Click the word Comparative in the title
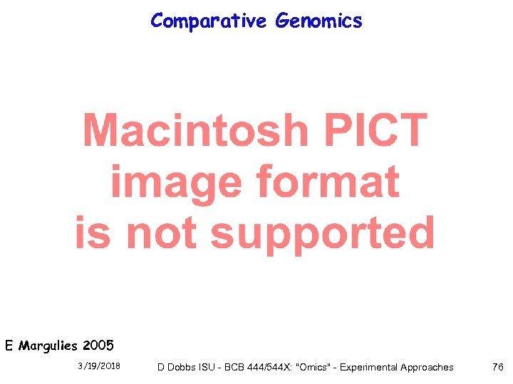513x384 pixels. (x=208, y=21)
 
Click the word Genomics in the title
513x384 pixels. (x=318, y=21)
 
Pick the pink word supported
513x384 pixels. (x=323, y=233)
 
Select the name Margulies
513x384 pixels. (x=49, y=346)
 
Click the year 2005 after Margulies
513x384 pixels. (x=98, y=346)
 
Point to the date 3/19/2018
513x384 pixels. (x=98, y=367)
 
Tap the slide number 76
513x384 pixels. (x=497, y=367)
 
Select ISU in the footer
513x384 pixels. (x=208, y=367)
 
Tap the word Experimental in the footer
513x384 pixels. (x=370, y=367)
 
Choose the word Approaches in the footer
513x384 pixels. (x=427, y=367)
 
